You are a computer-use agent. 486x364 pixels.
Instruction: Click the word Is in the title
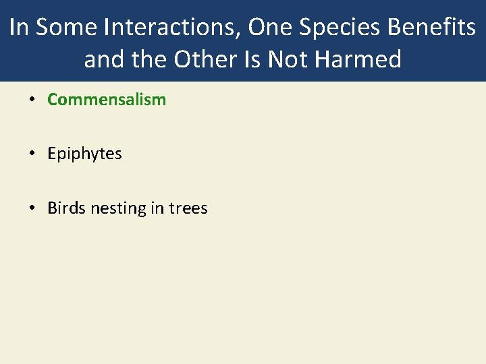pyautogui.click(x=251, y=59)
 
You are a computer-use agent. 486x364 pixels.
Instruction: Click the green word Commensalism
pyautogui.click(x=107, y=100)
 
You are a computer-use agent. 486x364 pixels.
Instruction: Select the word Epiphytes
pyautogui.click(x=84, y=154)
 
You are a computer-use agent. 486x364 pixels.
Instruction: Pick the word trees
pyautogui.click(x=188, y=208)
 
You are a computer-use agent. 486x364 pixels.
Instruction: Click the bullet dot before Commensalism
pyautogui.click(x=32, y=100)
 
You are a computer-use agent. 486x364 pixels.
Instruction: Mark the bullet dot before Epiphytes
pyautogui.click(x=32, y=154)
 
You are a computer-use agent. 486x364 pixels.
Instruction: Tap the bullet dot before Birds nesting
pyautogui.click(x=32, y=209)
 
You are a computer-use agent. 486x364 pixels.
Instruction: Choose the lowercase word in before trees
pyautogui.click(x=157, y=208)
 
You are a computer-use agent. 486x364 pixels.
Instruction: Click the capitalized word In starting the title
pyautogui.click(x=20, y=28)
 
